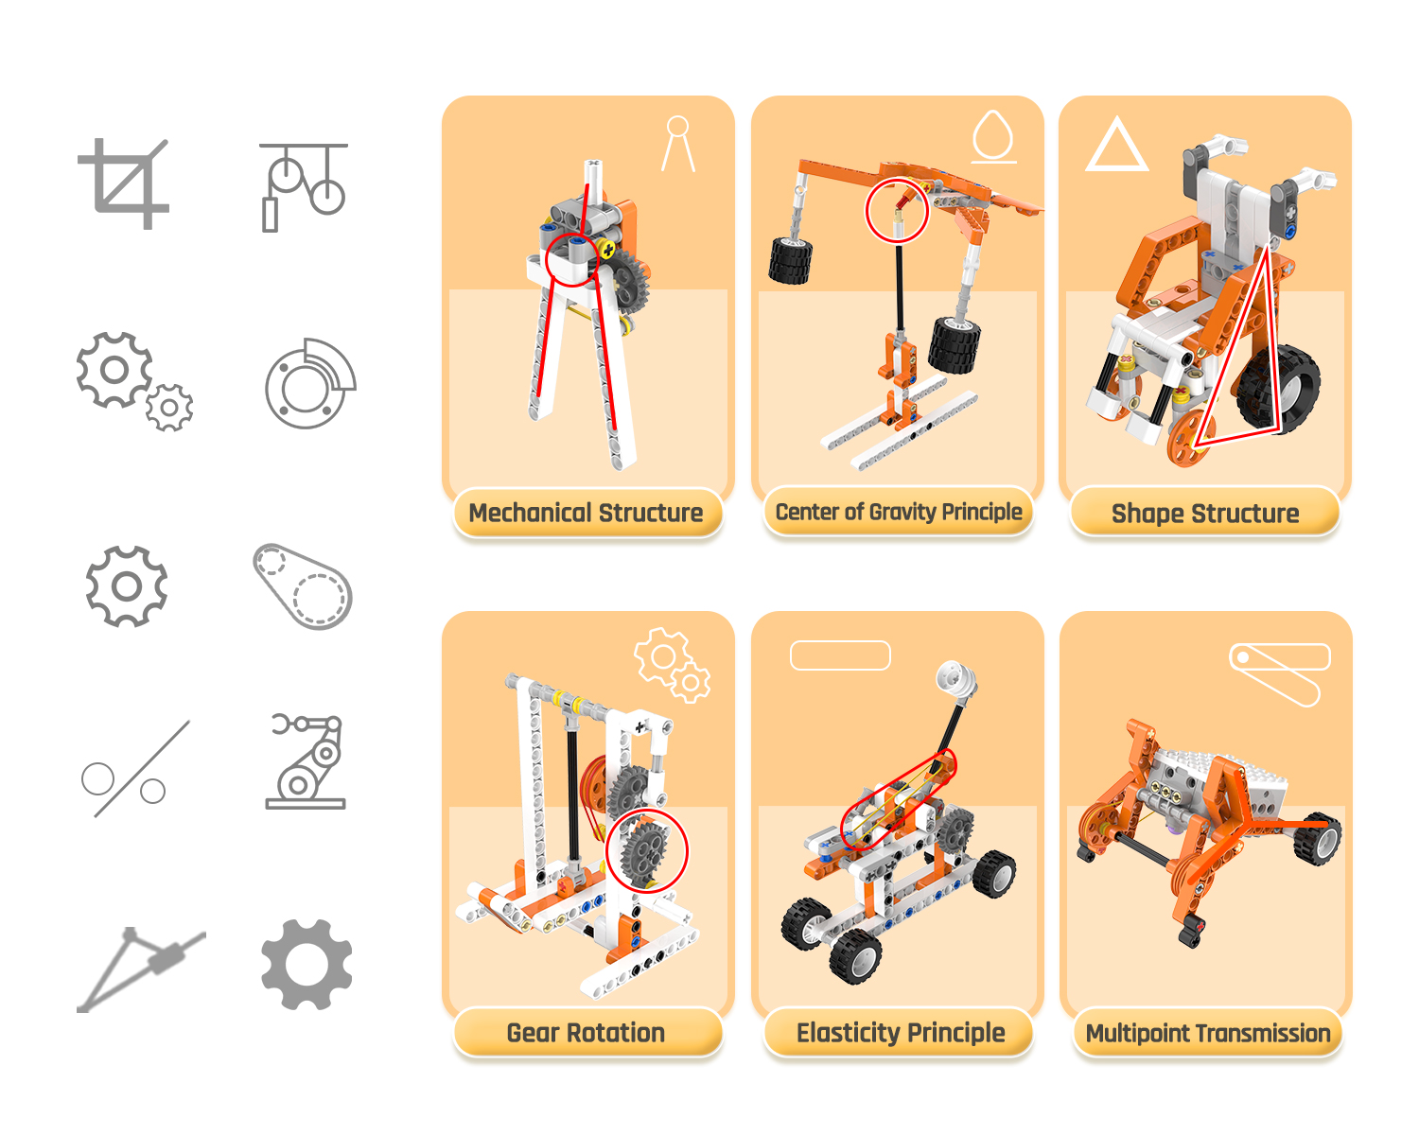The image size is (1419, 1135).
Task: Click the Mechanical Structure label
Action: (x=586, y=513)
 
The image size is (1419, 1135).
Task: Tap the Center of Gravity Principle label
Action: (x=898, y=512)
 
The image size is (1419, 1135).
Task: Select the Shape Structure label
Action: (x=1204, y=513)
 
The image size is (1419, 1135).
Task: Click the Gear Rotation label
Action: (x=586, y=1033)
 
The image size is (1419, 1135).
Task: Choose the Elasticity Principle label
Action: (x=900, y=1033)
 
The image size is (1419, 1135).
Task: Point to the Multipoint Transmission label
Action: (x=1208, y=1033)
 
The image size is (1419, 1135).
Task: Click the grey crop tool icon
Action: (x=123, y=184)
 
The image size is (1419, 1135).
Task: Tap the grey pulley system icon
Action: (x=304, y=187)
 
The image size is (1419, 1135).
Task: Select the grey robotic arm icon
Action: (x=306, y=761)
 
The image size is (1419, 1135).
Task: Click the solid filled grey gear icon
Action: (x=307, y=964)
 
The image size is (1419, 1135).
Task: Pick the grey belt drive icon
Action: (x=303, y=586)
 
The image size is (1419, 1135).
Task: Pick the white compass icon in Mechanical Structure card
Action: (x=678, y=144)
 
